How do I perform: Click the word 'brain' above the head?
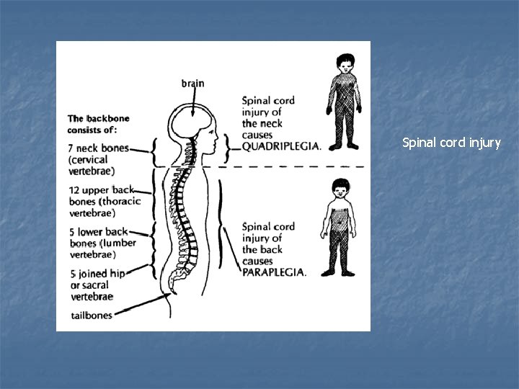point(192,83)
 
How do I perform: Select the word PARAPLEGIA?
point(275,272)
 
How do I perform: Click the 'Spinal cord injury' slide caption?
point(451,143)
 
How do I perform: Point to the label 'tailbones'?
point(92,315)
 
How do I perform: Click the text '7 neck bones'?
point(99,148)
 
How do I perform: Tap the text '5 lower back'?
point(99,231)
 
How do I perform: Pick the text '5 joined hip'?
point(99,274)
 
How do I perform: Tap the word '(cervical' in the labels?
point(88,159)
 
